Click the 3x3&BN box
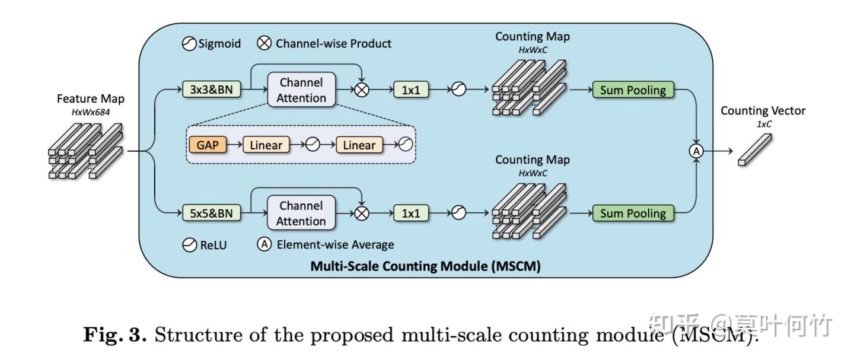click(x=211, y=90)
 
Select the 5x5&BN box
click(x=211, y=214)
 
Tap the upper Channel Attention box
click(x=301, y=90)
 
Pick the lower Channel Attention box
click(x=301, y=214)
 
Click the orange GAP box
click(x=207, y=145)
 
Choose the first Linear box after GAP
click(x=266, y=145)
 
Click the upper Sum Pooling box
click(x=633, y=90)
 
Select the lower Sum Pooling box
click(x=633, y=214)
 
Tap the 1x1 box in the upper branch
click(x=410, y=90)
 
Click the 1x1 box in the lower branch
click(x=410, y=214)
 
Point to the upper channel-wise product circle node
click(x=362, y=90)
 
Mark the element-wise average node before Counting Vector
click(x=696, y=151)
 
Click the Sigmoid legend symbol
click(x=189, y=44)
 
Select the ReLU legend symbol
click(x=189, y=244)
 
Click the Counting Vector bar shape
click(x=755, y=149)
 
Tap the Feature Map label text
click(x=91, y=98)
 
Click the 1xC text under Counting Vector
click(x=763, y=125)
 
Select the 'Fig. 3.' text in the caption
click(x=114, y=335)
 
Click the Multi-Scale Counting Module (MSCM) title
click(x=425, y=266)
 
